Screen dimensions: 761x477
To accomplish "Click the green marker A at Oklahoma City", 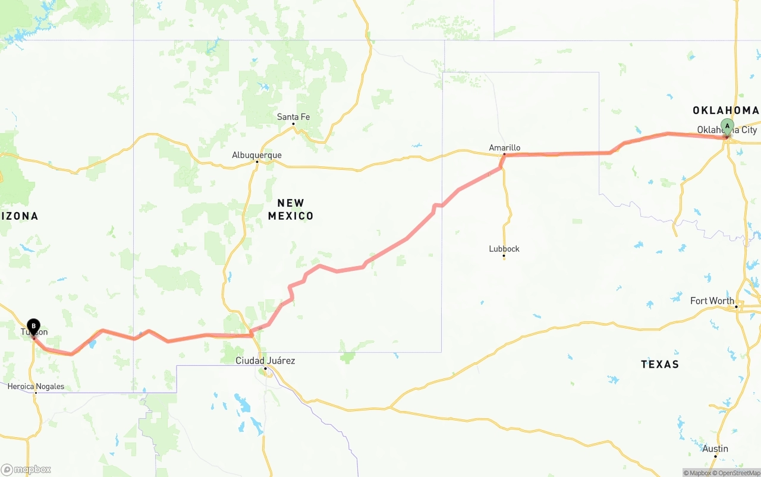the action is (x=727, y=127).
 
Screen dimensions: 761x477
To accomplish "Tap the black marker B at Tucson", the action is (x=34, y=327).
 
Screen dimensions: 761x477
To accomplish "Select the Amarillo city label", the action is (x=504, y=147).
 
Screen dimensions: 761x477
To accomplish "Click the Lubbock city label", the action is (x=504, y=249).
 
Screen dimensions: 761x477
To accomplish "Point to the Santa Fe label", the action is (x=293, y=117).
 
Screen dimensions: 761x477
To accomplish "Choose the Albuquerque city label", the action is (x=257, y=155).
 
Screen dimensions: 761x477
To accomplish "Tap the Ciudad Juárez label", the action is (x=265, y=361).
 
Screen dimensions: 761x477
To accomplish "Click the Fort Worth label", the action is (x=712, y=301).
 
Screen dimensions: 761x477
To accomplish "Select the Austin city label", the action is (x=715, y=448).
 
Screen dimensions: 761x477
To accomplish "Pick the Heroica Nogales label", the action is (x=36, y=386).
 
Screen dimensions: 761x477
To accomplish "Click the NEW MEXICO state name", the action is (x=291, y=210).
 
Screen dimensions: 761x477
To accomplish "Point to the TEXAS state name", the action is (x=660, y=364).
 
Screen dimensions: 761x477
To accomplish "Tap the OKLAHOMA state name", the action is (x=725, y=110).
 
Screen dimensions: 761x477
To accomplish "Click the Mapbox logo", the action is (x=26, y=469).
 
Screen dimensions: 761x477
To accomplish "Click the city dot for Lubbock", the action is (x=504, y=257).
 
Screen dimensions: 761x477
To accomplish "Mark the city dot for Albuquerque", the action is (x=257, y=162).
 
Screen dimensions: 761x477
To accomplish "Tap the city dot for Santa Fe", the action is (x=293, y=124).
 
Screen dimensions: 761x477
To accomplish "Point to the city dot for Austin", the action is (x=715, y=456).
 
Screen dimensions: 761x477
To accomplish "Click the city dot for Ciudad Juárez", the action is (x=265, y=368).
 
